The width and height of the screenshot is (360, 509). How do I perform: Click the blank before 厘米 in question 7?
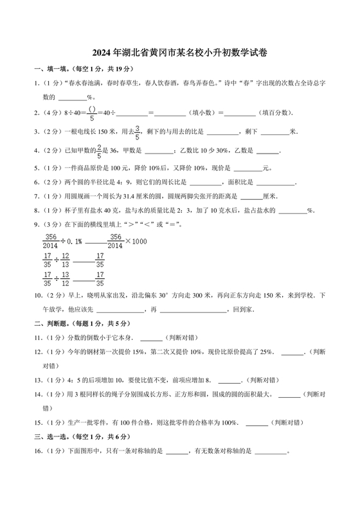tap(251, 197)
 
